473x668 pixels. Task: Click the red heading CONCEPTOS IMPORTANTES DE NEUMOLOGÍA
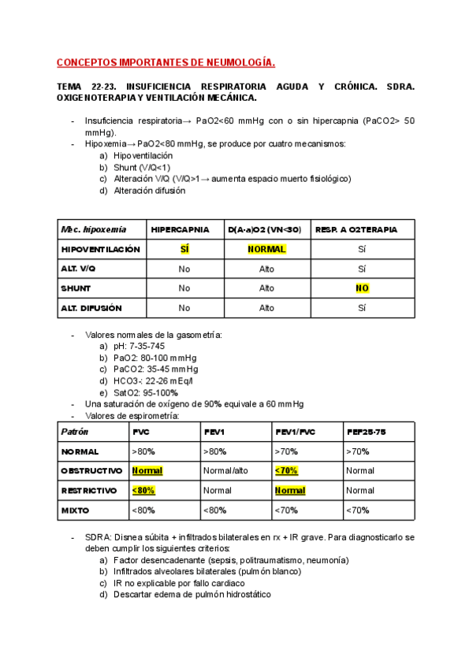point(166,63)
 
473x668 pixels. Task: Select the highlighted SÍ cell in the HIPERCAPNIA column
point(184,249)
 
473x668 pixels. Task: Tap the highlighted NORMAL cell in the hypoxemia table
point(266,249)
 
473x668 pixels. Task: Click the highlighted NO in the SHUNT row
point(362,288)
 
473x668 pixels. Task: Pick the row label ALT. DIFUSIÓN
point(91,308)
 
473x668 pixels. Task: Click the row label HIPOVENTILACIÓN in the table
point(101,249)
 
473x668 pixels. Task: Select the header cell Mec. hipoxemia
point(93,229)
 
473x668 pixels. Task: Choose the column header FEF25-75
point(366,432)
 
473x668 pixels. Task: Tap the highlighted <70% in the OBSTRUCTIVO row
point(286,470)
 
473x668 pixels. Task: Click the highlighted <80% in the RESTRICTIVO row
point(143,490)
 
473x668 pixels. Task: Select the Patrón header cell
point(75,432)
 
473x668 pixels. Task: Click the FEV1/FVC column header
point(295,432)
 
